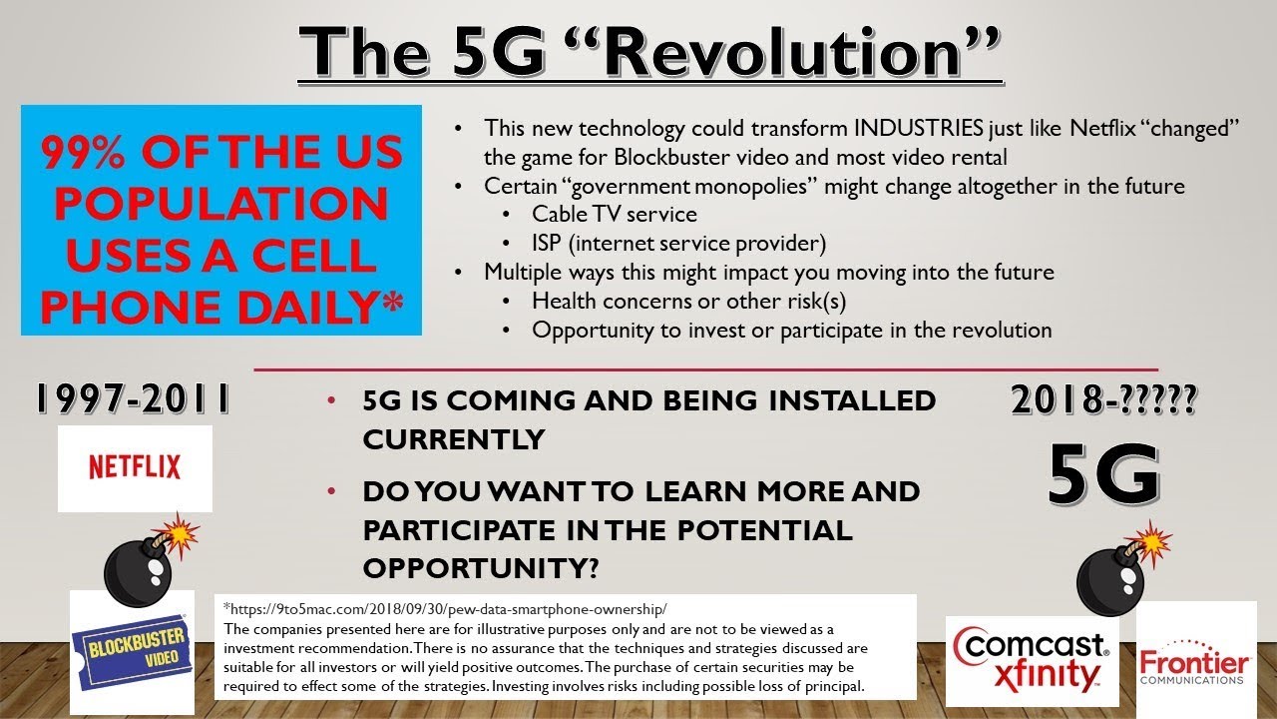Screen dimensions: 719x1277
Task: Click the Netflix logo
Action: coord(135,467)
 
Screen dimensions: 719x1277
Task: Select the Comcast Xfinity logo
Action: coord(1032,660)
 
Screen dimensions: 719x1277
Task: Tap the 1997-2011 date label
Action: coord(133,398)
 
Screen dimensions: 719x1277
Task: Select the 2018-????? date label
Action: coord(1103,400)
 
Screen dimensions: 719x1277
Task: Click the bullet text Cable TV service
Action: coord(614,214)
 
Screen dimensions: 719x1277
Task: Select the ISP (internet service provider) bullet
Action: coord(679,243)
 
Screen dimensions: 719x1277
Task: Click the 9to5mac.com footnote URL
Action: coord(445,608)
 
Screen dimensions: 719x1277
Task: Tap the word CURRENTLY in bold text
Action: coord(453,438)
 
